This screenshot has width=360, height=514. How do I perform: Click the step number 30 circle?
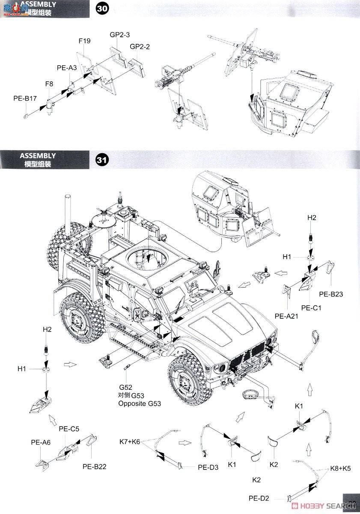pyautogui.click(x=102, y=8)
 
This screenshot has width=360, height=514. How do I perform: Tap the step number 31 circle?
pyautogui.click(x=101, y=160)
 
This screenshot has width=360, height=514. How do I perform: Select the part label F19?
pyautogui.click(x=84, y=42)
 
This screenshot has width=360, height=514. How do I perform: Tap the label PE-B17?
pyautogui.click(x=25, y=99)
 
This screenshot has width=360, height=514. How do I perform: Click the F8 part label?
pyautogui.click(x=50, y=84)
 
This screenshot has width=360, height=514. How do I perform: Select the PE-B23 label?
pyautogui.click(x=331, y=294)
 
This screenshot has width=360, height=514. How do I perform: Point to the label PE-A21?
pyautogui.click(x=286, y=316)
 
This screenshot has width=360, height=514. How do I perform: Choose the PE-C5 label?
pyautogui.click(x=69, y=429)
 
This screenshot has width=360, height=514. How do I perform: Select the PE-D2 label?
pyautogui.click(x=259, y=498)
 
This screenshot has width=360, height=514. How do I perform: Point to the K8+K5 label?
pyautogui.click(x=340, y=468)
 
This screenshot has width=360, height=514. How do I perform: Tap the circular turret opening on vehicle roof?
pyautogui.click(x=146, y=257)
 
